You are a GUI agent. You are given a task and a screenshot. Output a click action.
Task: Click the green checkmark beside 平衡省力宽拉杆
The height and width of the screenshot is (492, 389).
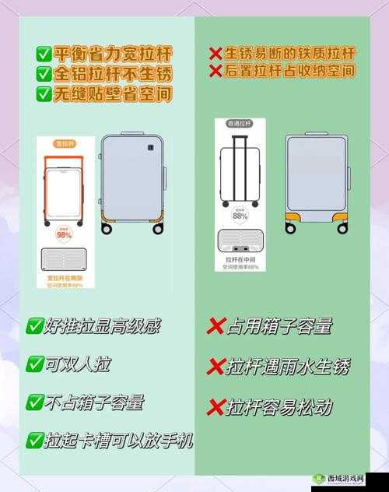tap(44, 54)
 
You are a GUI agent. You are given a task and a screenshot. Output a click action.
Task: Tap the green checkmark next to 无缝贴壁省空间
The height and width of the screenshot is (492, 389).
tap(44, 94)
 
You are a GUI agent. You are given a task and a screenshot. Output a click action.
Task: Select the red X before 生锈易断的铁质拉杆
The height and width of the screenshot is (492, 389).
tap(216, 54)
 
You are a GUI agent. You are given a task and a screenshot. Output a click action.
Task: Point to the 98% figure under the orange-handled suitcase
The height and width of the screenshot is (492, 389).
tap(64, 234)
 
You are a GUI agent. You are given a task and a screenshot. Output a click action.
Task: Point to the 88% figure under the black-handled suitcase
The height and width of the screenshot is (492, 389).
tap(240, 216)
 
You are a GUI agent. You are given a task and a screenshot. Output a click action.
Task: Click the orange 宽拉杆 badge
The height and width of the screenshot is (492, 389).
tap(64, 144)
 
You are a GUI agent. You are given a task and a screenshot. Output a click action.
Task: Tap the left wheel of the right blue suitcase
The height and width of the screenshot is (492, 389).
tap(291, 228)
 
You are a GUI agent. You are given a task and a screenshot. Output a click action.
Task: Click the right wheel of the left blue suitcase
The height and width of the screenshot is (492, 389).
tap(158, 229)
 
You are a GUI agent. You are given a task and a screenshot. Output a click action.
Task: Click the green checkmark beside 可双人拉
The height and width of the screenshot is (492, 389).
tap(35, 364)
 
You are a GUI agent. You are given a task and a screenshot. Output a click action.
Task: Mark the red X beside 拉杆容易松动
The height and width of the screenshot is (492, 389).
tap(216, 406)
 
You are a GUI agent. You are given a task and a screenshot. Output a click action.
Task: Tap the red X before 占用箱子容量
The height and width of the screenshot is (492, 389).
tap(216, 326)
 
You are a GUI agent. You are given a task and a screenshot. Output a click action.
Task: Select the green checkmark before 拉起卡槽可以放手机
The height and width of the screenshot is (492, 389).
tap(35, 441)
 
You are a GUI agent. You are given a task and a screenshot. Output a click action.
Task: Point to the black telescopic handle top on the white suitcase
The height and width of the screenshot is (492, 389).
tap(240, 138)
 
